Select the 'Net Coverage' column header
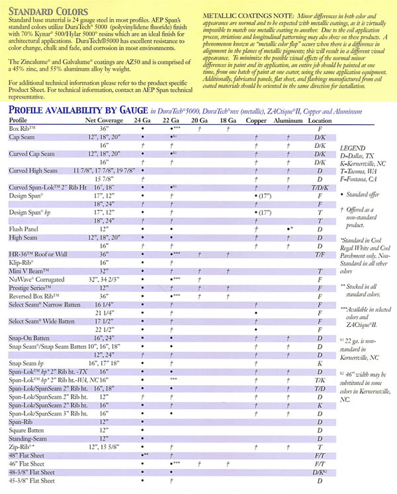(x=102, y=120)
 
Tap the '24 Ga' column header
(x=142, y=120)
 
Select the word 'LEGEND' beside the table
(x=352, y=150)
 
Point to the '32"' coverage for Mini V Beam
(x=103, y=271)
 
